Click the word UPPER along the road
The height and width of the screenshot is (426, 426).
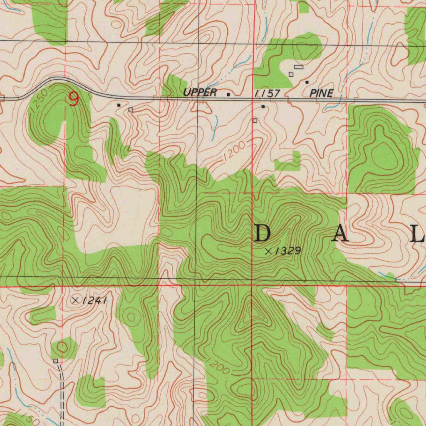click(x=200, y=92)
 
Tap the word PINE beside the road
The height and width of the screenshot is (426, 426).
click(x=321, y=93)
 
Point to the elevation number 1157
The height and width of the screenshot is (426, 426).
click(x=267, y=93)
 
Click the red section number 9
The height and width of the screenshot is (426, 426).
click(x=74, y=99)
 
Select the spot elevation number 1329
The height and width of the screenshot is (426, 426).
click(x=287, y=250)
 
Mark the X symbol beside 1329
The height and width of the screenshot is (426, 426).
click(x=268, y=251)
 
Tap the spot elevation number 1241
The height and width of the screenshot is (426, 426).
click(x=94, y=300)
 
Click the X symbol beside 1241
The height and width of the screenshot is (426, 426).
click(x=75, y=300)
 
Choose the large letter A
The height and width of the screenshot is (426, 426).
click(x=341, y=235)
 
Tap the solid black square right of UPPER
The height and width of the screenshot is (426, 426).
click(x=228, y=94)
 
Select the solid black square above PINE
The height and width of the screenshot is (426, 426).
click(x=307, y=82)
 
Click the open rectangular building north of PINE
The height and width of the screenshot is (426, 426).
click(x=299, y=67)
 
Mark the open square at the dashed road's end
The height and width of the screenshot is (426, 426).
click(x=55, y=361)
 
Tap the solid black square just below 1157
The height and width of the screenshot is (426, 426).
click(x=263, y=106)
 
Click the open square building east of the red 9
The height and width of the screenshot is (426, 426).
click(x=131, y=109)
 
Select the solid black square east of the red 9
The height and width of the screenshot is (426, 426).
click(x=119, y=105)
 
